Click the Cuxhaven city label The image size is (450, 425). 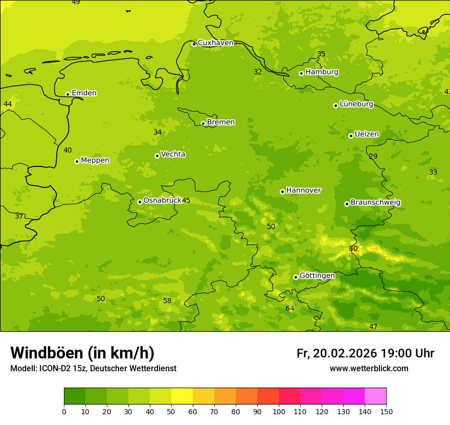tap(215, 43)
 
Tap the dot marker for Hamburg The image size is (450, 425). tap(301, 73)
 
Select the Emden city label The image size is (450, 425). tap(84, 93)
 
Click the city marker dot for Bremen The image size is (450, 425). tap(203, 123)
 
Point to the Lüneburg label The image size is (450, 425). tap(356, 104)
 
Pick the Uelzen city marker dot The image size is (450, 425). tap(351, 136)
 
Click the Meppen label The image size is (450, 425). tap(95, 160)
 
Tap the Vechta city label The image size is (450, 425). tap(173, 154)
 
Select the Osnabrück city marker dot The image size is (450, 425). tap(140, 202)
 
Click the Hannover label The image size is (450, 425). tap(304, 190)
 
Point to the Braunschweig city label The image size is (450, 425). tap(375, 203)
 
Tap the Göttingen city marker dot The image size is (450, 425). tap(296, 277)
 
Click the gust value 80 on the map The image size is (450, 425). tap(353, 249)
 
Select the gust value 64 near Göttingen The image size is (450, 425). tap(290, 308)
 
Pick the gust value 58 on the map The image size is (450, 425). tap(167, 301)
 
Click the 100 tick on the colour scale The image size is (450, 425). tap(279, 411)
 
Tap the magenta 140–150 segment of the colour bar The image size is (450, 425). tap(375, 396)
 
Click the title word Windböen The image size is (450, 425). tap(47, 353)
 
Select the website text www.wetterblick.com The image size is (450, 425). tap(369, 369)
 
